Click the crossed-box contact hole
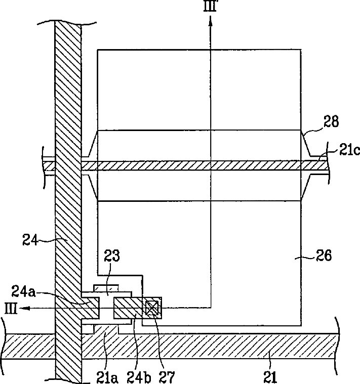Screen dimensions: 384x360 point(152,308)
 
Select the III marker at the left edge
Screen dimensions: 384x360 point(12,308)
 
